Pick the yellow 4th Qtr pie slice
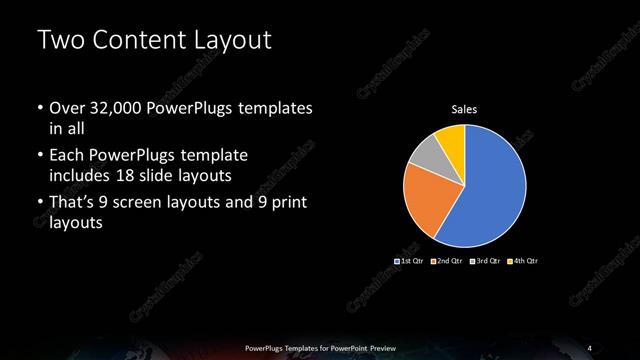[x=452, y=137]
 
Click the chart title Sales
[x=464, y=111]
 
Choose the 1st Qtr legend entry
[x=411, y=261]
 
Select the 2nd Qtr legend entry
[x=448, y=261]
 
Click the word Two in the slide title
[x=59, y=41]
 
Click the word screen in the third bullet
[x=153, y=204]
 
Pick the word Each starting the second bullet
[x=65, y=156]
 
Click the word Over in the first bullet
[x=66, y=108]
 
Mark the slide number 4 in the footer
[x=589, y=347]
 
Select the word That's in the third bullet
[x=74, y=204]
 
